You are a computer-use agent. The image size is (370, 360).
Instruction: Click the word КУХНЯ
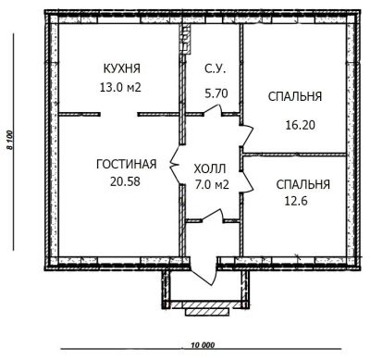click(x=122, y=68)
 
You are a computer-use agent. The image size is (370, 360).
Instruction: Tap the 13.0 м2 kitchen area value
click(x=120, y=87)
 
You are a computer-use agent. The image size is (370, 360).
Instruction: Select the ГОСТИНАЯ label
click(x=127, y=164)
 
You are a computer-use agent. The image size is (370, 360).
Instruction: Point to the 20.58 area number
click(x=125, y=181)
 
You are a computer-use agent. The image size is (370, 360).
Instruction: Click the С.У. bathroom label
click(x=216, y=68)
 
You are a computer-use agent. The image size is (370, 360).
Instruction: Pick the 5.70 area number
click(x=216, y=93)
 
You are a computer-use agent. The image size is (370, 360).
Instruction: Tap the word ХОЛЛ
click(x=210, y=168)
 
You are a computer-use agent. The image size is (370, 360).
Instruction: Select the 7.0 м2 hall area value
click(x=212, y=184)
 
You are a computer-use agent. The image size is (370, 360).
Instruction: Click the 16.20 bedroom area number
click(x=300, y=125)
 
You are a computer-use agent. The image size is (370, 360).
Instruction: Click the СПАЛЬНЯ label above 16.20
click(x=295, y=96)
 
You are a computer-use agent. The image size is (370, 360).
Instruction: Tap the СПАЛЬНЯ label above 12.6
click(x=303, y=184)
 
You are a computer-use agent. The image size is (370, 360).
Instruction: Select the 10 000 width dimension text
click(x=203, y=345)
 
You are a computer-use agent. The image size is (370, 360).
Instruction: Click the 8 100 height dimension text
click(x=10, y=140)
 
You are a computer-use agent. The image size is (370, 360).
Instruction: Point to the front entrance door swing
click(x=203, y=270)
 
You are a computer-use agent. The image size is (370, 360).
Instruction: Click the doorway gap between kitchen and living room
click(x=119, y=115)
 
